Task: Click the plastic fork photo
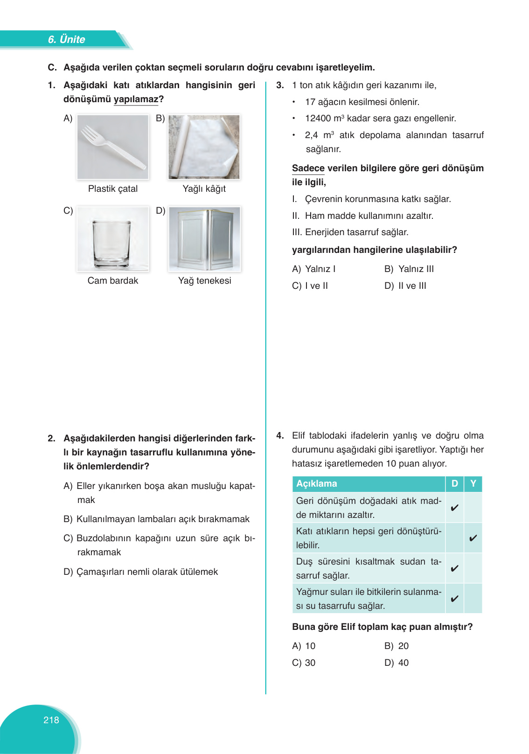[x=113, y=147]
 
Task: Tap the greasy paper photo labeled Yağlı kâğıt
[x=204, y=147]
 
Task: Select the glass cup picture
[x=113, y=239]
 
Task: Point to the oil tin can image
[x=205, y=239]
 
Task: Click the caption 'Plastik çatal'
[x=113, y=188]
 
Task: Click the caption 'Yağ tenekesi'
[x=205, y=280]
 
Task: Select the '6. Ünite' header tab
[x=66, y=39]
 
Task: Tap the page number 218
[x=51, y=720]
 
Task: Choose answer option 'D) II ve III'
[x=405, y=286]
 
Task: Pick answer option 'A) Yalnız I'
[x=313, y=269]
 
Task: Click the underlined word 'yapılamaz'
[x=136, y=99]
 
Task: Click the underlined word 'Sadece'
[x=308, y=168]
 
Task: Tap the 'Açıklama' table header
[x=317, y=483]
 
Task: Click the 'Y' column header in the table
[x=473, y=483]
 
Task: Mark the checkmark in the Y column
[x=473, y=538]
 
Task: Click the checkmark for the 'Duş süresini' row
[x=454, y=568]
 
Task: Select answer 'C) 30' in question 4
[x=304, y=663]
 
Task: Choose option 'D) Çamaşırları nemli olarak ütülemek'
[x=141, y=572]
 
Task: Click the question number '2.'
[x=52, y=438]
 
